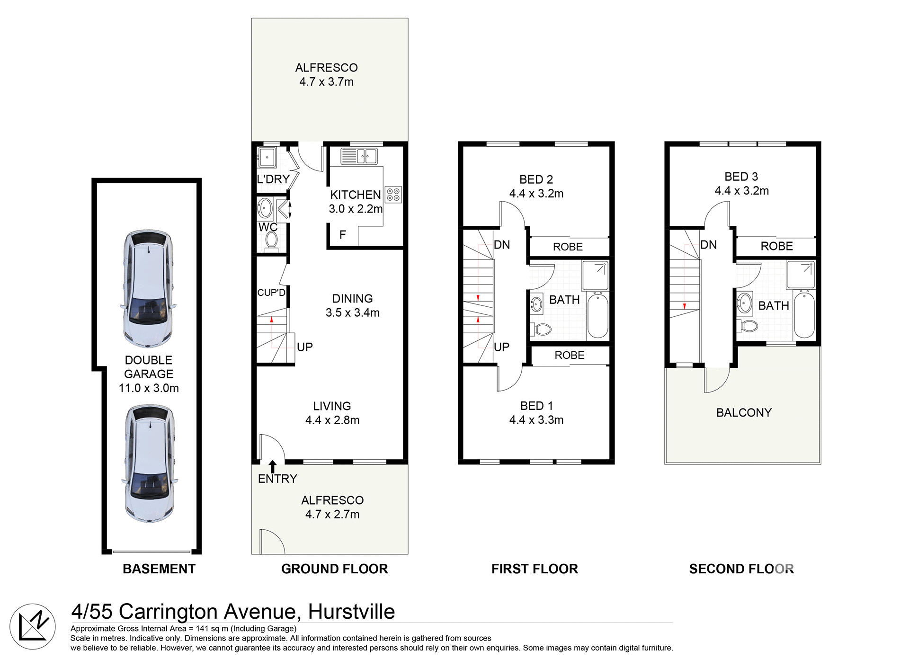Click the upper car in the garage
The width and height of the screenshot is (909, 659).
[x=148, y=289]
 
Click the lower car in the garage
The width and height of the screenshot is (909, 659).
[x=150, y=463]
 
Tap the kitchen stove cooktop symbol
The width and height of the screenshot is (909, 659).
[x=393, y=195]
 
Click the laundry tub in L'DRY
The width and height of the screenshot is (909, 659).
[x=267, y=157]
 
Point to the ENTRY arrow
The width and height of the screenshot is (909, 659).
[x=273, y=466]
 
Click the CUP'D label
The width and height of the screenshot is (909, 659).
[x=271, y=293]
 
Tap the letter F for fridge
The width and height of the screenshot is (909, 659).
[x=342, y=235]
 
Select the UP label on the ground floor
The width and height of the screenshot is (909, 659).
[x=305, y=347]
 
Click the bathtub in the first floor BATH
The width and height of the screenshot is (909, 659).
[x=598, y=315]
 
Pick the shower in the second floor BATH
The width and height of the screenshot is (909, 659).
[x=801, y=275]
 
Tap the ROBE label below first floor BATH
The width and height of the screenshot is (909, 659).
[x=570, y=355]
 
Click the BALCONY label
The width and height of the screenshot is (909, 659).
[x=744, y=412]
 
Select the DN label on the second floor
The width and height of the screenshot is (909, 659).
[x=708, y=245]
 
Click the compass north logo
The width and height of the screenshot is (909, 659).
[x=33, y=626]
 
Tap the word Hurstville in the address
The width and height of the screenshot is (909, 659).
[x=351, y=612]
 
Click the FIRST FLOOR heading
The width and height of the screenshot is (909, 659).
[x=535, y=569]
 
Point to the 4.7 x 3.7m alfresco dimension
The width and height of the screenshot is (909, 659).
[x=326, y=82]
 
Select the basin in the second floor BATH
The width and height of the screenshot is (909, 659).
[x=745, y=303]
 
